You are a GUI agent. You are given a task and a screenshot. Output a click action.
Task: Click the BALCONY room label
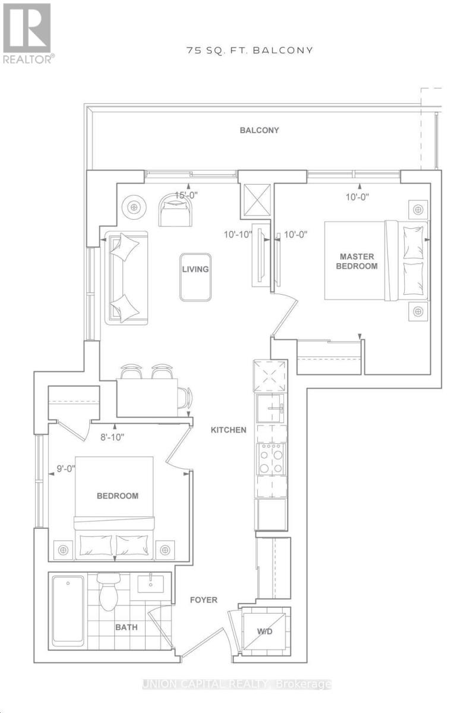(259, 130)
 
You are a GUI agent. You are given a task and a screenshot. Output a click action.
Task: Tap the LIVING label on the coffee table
(195, 269)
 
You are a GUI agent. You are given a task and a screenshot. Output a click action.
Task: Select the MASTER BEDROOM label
(357, 261)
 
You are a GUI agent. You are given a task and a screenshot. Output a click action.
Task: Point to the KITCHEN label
(228, 430)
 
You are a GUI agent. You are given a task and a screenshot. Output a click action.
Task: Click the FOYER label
(203, 600)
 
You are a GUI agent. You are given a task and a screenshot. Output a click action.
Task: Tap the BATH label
(127, 627)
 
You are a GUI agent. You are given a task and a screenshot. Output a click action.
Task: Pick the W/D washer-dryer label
(264, 632)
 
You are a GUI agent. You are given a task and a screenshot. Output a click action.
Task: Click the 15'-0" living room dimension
(187, 195)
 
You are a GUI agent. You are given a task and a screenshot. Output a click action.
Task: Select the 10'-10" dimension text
(238, 235)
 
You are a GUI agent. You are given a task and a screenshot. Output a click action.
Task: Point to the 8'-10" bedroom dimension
(112, 437)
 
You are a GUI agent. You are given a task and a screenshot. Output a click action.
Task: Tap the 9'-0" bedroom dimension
(65, 469)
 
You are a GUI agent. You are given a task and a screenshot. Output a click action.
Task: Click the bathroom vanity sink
(150, 585)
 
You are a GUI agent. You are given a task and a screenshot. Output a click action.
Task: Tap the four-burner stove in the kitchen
(271, 459)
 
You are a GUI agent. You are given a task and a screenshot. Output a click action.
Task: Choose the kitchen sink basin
(270, 408)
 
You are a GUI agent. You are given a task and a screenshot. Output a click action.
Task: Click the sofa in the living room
(127, 278)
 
